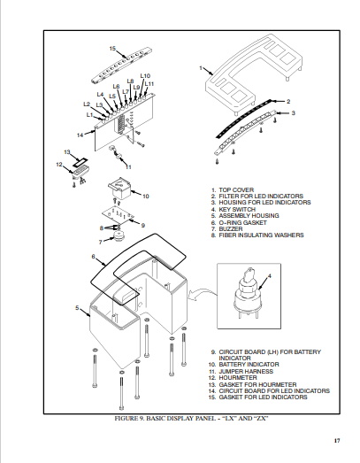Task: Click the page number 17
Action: [337, 440]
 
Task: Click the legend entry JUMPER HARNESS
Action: [245, 369]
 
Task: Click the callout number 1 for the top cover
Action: [201, 67]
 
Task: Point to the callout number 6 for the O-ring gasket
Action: [93, 257]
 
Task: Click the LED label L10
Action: [145, 76]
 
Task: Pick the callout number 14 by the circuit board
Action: [80, 135]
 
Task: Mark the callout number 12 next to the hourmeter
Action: [58, 164]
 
